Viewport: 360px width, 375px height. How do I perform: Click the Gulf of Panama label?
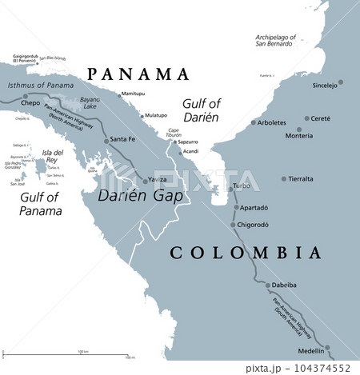click(41, 205)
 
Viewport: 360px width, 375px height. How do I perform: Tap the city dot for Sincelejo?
click(341, 82)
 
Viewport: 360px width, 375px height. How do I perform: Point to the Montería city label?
click(298, 137)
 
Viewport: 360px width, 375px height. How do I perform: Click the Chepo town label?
click(30, 103)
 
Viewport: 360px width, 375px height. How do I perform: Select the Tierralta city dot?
click(284, 179)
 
